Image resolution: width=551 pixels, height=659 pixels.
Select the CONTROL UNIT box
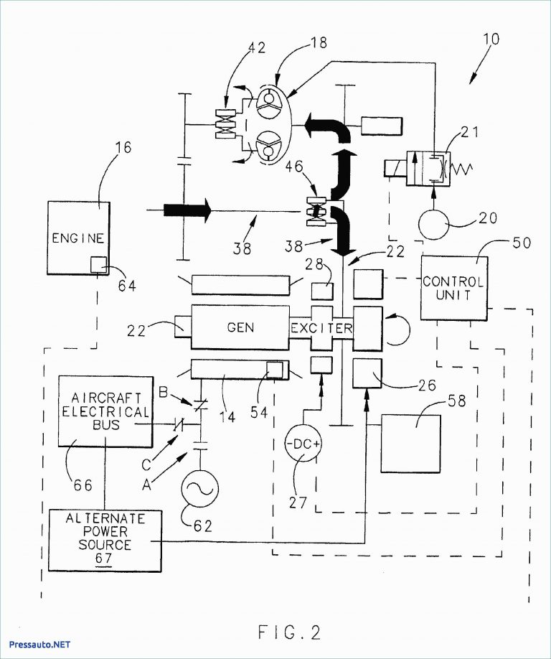(x=453, y=288)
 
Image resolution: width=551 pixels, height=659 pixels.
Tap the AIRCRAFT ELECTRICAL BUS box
(x=105, y=410)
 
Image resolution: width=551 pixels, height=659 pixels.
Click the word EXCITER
(x=321, y=328)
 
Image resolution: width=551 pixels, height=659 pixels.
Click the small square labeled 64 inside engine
(x=98, y=264)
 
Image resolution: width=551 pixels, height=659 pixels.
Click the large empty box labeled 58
(x=410, y=443)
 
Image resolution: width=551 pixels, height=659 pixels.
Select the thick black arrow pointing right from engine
(x=187, y=210)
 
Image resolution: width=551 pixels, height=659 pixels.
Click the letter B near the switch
(x=162, y=393)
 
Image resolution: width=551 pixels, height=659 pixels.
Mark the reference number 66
(x=83, y=486)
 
